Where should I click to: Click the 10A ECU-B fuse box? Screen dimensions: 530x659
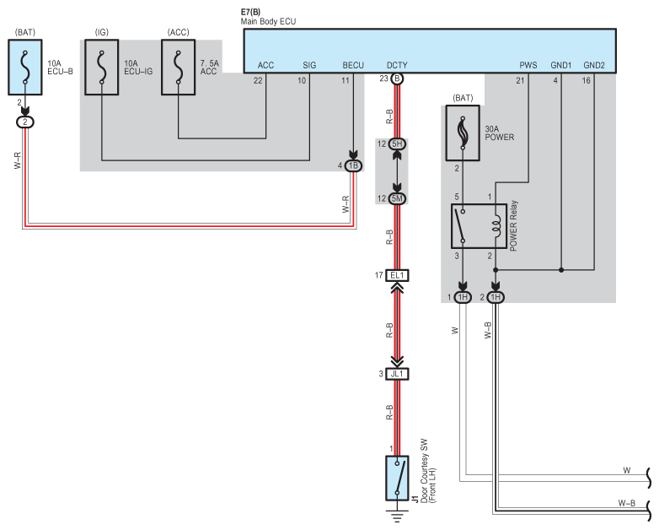pyautogui.click(x=24, y=69)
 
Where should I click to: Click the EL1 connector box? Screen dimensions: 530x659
pyautogui.click(x=397, y=275)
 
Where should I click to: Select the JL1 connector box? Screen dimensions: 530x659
pyautogui.click(x=397, y=373)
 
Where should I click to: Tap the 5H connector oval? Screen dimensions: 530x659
pyautogui.click(x=398, y=144)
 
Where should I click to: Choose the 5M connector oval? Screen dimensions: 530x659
pyautogui.click(x=398, y=197)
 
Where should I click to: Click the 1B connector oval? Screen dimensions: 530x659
pyautogui.click(x=353, y=165)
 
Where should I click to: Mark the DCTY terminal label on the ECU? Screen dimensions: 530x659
pyautogui.click(x=397, y=64)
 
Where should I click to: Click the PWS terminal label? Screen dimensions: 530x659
pyautogui.click(x=528, y=64)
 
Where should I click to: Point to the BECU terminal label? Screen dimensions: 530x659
pyautogui.click(x=353, y=64)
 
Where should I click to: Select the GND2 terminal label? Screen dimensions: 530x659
pyautogui.click(x=594, y=64)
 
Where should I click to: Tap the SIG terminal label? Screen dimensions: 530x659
pyautogui.click(x=309, y=64)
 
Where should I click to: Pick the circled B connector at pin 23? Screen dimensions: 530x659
pyautogui.click(x=398, y=79)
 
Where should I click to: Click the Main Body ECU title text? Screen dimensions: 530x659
pyautogui.click(x=269, y=20)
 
